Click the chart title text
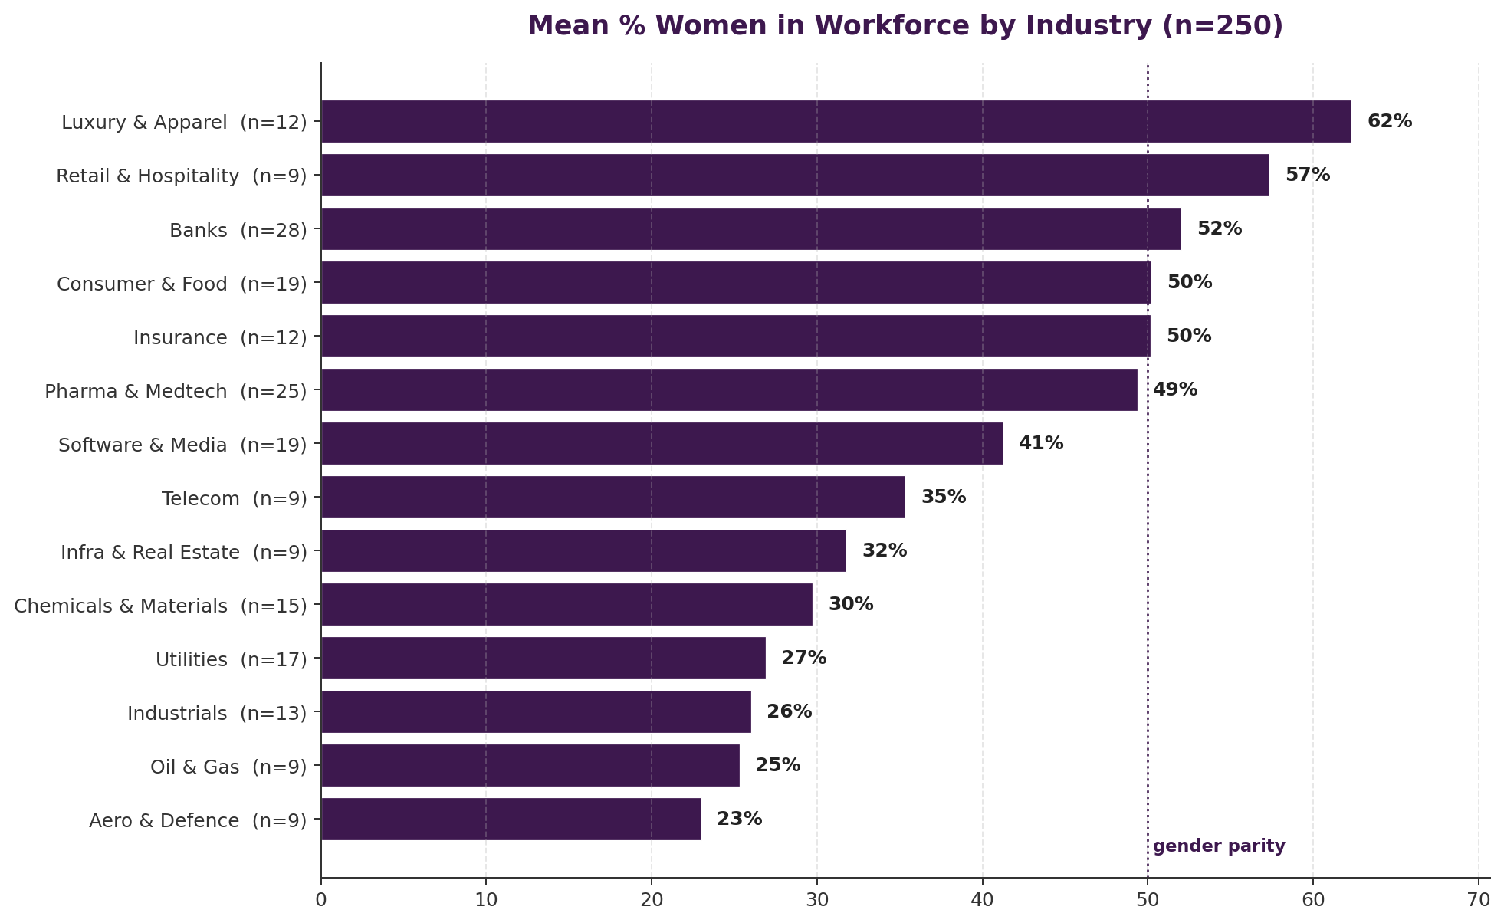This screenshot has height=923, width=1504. coord(905,26)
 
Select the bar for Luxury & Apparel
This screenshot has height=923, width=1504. coord(836,121)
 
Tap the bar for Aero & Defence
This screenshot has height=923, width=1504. coord(511,819)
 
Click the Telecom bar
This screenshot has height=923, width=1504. coord(612,497)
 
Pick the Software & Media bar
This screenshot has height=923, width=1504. coord(662,443)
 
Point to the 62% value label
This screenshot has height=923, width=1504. coord(1389,121)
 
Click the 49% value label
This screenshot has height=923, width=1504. coord(1174,389)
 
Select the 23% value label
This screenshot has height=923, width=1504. coord(739,819)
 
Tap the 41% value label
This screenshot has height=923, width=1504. coord(1040,443)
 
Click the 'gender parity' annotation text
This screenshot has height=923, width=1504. coord(1218,846)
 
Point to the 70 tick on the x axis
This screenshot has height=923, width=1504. coord(1478,899)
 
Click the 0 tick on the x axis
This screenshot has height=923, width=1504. coord(321,899)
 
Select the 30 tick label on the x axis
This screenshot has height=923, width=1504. coord(817,899)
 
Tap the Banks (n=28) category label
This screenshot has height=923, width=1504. coord(238,230)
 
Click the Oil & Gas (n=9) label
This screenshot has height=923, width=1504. coord(228,767)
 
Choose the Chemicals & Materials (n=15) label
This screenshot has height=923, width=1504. coord(160,606)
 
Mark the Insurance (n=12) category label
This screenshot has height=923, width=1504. coord(220,337)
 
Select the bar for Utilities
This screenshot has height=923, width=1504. coord(543,658)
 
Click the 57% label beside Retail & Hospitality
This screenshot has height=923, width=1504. coord(1307,175)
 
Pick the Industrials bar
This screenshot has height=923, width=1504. coord(536,711)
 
